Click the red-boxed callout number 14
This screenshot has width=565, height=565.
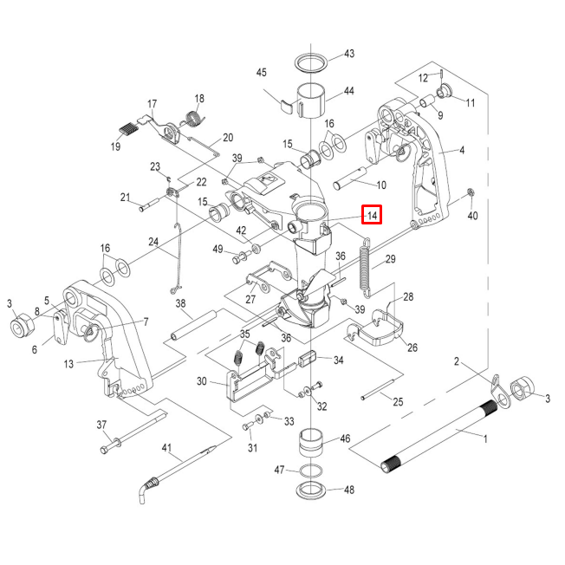(x=371, y=215)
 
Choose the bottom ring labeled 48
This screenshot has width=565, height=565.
(x=312, y=491)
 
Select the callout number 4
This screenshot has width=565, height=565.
(x=462, y=150)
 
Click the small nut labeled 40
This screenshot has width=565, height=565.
(x=471, y=192)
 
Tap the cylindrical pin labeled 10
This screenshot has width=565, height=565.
(x=350, y=182)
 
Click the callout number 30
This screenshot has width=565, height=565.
(x=201, y=381)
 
